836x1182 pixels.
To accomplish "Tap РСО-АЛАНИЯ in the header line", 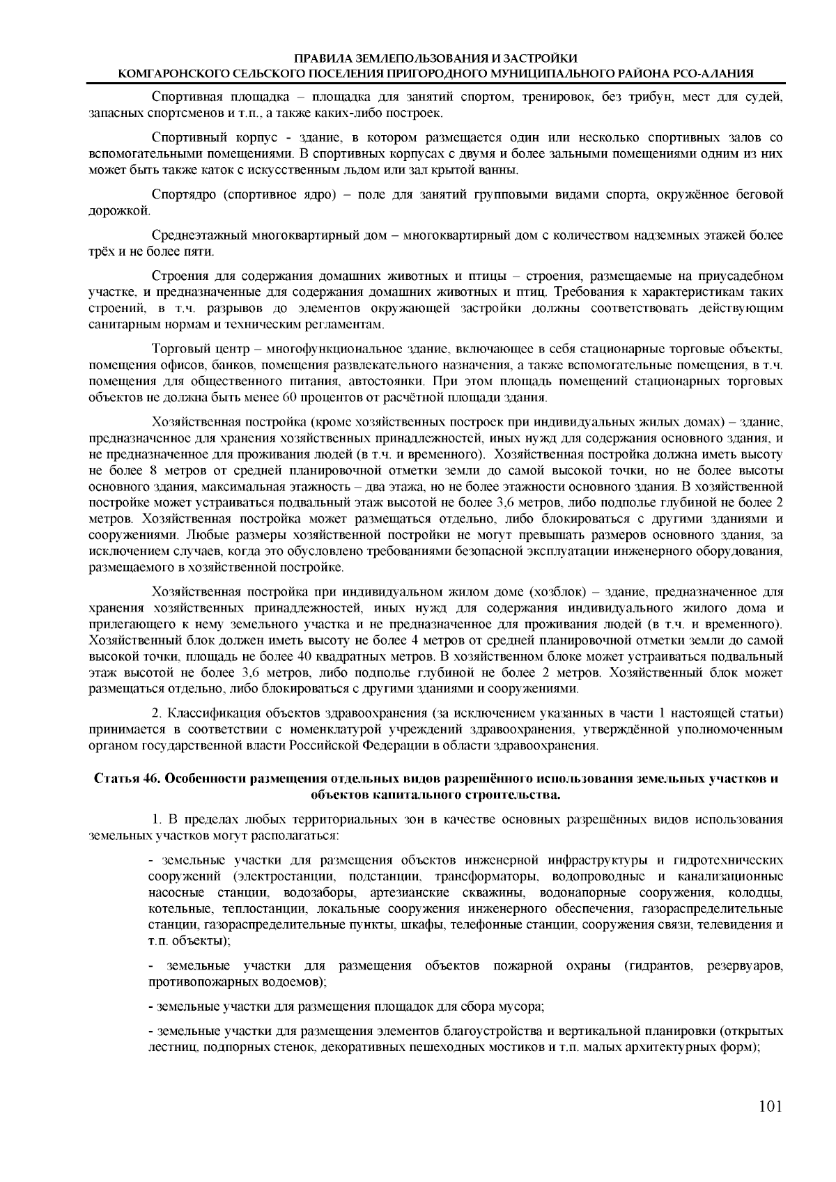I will point(725,72).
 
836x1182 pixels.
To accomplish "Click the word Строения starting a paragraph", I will point(178,277).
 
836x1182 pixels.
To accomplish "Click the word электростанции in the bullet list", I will point(288,876).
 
